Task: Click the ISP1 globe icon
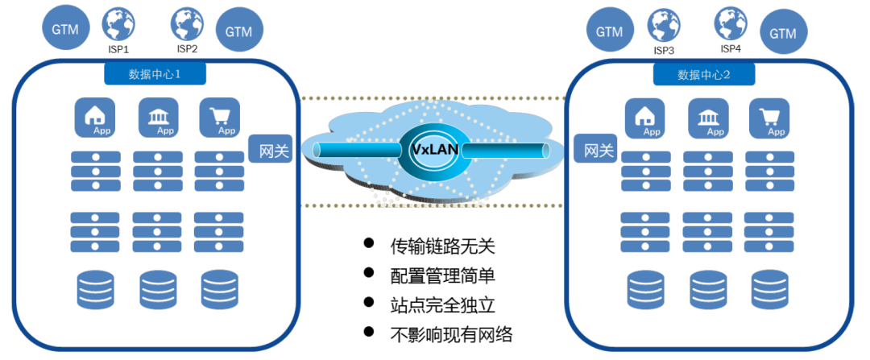tap(118, 24)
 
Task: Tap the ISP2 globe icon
tap(187, 24)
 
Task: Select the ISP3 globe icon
tap(664, 26)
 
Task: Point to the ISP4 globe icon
tap(731, 24)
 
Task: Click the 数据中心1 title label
tap(155, 75)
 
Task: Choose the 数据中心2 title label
tap(704, 75)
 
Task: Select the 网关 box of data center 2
tap(598, 150)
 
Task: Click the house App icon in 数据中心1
tap(94, 118)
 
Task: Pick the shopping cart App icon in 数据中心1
tap(219, 118)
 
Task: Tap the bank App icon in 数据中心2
tap(707, 118)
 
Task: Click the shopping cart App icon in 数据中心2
tap(768, 118)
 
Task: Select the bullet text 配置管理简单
tap(442, 275)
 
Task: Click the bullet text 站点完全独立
tap(442, 304)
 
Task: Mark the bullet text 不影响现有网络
tap(451, 333)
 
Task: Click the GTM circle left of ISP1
tap(65, 29)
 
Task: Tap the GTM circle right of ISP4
tap(782, 33)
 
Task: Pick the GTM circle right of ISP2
tap(239, 31)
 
